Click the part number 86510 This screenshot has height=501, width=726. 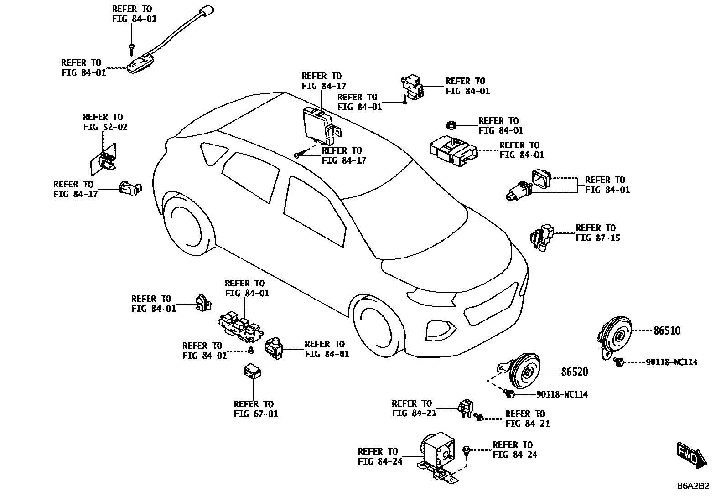(x=667, y=331)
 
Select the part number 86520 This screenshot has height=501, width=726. (x=574, y=372)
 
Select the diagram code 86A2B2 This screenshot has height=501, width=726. (x=693, y=486)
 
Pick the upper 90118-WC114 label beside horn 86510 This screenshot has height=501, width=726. (x=671, y=362)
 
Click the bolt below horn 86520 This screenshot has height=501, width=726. (x=510, y=393)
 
